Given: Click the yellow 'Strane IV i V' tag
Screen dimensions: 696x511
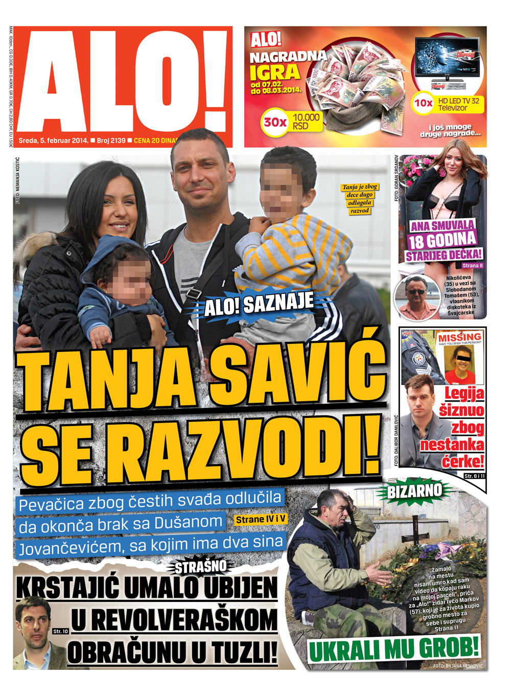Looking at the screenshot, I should (x=261, y=520).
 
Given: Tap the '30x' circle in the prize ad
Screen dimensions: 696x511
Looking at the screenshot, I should (x=275, y=123).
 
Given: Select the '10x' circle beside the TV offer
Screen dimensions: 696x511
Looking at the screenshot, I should (x=423, y=103).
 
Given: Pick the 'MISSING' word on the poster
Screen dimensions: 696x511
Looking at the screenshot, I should (x=459, y=337).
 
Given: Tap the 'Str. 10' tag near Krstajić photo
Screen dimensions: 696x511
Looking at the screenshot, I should (x=60, y=631).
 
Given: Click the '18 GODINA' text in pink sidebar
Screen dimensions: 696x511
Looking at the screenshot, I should (x=443, y=240).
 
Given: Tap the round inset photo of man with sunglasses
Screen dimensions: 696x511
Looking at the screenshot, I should (x=417, y=297).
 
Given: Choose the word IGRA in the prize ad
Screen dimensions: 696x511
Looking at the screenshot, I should (x=274, y=72).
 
